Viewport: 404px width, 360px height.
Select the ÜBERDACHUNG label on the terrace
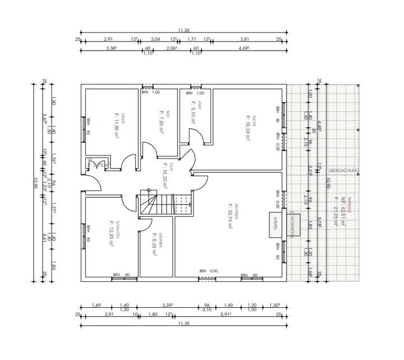(x=343, y=170)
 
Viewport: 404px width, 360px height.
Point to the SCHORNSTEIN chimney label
(x=293, y=225)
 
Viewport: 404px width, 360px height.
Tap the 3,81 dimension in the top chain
(x=244, y=39)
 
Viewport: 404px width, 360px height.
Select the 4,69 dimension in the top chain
(x=243, y=49)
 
